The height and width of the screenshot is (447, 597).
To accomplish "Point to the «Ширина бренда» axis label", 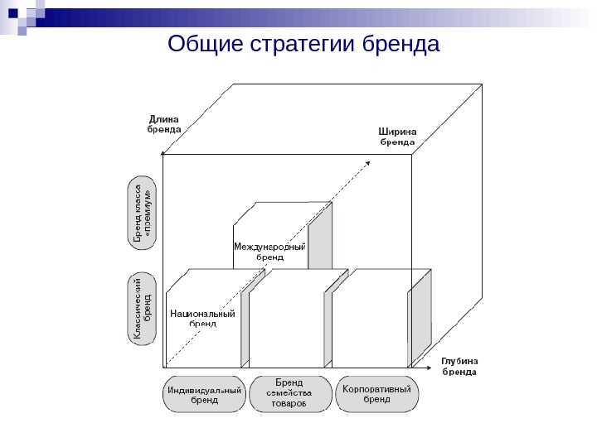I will click(x=397, y=136).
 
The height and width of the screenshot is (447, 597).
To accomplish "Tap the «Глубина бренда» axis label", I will click(x=459, y=366).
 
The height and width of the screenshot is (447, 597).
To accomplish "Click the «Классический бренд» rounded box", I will click(x=143, y=309).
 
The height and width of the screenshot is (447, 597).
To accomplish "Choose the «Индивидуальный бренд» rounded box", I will click(x=204, y=394).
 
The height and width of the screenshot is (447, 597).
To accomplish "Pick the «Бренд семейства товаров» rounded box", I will click(x=289, y=393).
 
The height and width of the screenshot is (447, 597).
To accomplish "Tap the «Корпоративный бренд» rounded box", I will click(x=376, y=393).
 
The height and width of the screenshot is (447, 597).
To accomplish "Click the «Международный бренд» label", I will click(x=269, y=252).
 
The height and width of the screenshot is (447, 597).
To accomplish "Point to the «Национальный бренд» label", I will click(x=202, y=319).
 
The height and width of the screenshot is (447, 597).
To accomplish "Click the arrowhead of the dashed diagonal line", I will click(x=370, y=162).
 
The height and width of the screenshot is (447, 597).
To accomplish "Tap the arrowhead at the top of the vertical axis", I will click(x=163, y=153).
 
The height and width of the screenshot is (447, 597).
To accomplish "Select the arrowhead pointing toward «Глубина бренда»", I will click(x=429, y=366).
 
